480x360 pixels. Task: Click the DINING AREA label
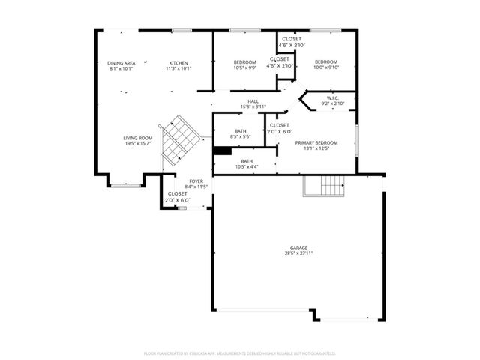[121, 62]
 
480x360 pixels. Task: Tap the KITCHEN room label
[178, 62]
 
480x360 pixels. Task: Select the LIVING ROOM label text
[138, 138]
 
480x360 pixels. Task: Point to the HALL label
[253, 101]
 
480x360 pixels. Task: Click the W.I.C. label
[331, 97]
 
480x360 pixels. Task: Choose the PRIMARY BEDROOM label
[316, 142]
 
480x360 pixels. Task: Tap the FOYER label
[196, 181]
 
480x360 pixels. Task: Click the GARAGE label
[299, 247]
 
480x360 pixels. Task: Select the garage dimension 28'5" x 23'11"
[299, 253]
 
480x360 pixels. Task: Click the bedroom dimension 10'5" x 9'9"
[244, 67]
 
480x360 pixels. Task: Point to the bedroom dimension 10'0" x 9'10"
[326, 67]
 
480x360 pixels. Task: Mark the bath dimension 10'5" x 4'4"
[247, 166]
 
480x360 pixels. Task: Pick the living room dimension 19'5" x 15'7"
[138, 144]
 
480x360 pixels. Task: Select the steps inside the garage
[324, 185]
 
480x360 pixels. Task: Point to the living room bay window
[125, 182]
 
